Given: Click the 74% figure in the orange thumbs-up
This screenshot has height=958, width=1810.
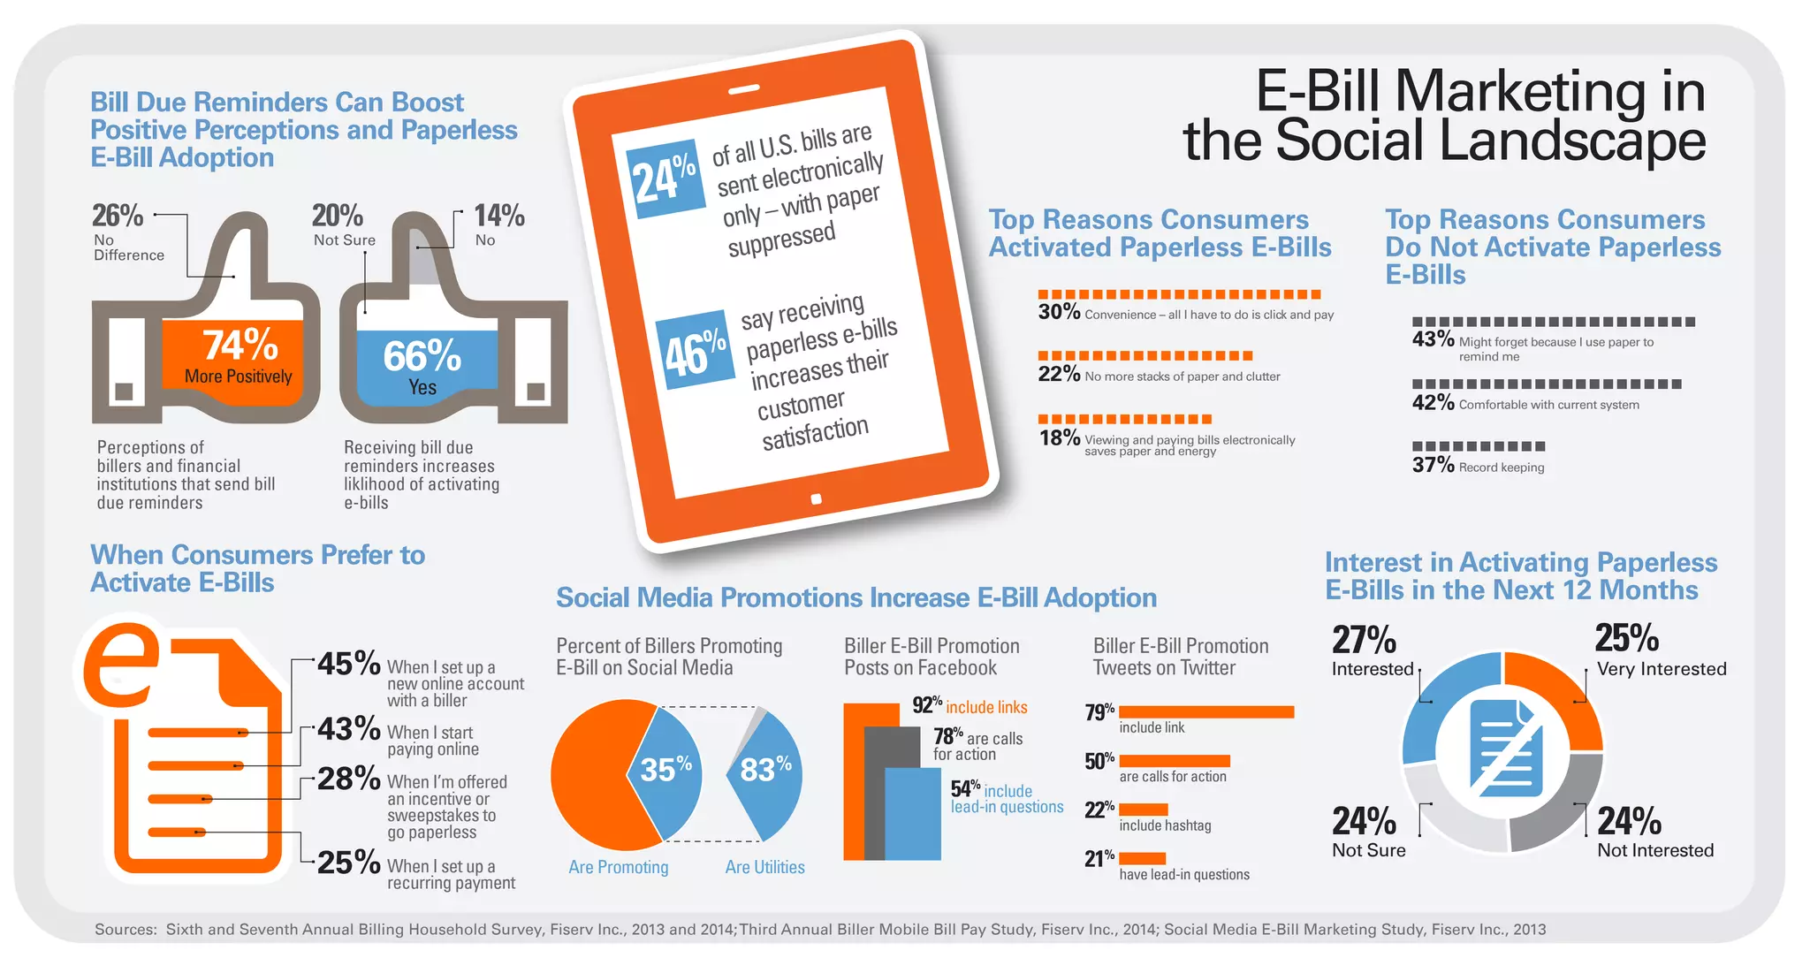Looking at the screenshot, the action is pyautogui.click(x=240, y=345).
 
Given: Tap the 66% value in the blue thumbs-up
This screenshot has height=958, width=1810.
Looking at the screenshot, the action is pyautogui.click(x=422, y=356).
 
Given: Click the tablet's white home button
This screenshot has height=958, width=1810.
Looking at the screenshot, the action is pyautogui.click(x=817, y=499).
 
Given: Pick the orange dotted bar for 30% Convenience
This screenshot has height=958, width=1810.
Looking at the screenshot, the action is pyautogui.click(x=1179, y=294).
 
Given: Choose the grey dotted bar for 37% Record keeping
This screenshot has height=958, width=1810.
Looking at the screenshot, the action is pyautogui.click(x=1479, y=446).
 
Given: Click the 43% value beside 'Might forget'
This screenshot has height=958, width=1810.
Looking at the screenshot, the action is pyautogui.click(x=1433, y=339).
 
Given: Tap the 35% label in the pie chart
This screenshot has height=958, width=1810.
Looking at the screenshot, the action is pyautogui.click(x=665, y=769).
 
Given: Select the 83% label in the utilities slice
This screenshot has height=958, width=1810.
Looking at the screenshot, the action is pyautogui.click(x=765, y=769).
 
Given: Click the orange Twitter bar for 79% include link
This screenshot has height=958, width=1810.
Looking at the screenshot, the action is pyautogui.click(x=1206, y=711).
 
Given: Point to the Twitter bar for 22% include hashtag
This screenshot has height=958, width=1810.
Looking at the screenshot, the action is pyautogui.click(x=1144, y=810).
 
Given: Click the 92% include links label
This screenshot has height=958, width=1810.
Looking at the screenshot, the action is pyautogui.click(x=970, y=706).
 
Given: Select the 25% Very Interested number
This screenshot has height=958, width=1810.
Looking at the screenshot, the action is pyautogui.click(x=1627, y=638).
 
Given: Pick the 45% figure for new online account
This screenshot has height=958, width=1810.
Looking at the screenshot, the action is pyautogui.click(x=349, y=664).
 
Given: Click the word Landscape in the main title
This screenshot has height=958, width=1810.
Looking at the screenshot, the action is pyautogui.click(x=1491, y=141).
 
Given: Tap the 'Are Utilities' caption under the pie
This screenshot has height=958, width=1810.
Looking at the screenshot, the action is pyautogui.click(x=765, y=867).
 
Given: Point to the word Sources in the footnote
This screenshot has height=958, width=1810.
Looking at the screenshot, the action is pyautogui.click(x=125, y=929).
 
